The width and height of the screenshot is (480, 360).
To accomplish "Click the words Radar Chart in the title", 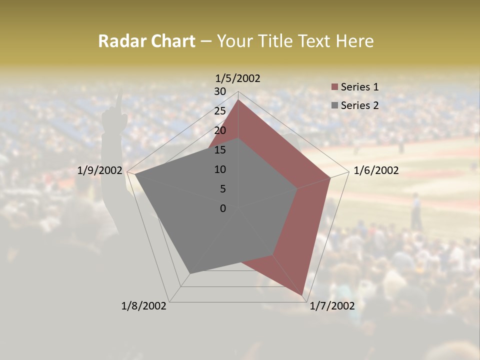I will [x=146, y=41].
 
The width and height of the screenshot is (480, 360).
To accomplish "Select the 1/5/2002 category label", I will [x=237, y=78].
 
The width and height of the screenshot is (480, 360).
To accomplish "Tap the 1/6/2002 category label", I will [x=376, y=170].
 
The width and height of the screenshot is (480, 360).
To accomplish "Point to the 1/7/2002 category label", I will [x=332, y=306].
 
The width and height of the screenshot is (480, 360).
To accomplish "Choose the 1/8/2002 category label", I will [x=144, y=306].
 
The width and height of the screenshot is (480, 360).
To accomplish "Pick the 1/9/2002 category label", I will [x=100, y=170].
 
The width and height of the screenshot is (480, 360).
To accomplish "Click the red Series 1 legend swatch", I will [x=335, y=87].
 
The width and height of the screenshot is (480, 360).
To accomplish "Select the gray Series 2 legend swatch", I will [x=335, y=105].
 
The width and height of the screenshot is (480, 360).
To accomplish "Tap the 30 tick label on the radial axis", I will [x=220, y=91].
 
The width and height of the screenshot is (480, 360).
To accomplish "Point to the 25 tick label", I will [x=220, y=111].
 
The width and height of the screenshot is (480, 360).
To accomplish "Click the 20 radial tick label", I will [x=220, y=130].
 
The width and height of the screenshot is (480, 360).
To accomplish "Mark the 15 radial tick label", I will [x=220, y=150].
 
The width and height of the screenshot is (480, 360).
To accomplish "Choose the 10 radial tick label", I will [x=220, y=169].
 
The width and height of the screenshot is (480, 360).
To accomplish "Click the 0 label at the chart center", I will [x=223, y=208].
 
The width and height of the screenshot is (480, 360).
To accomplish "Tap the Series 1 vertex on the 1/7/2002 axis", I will [x=302, y=295].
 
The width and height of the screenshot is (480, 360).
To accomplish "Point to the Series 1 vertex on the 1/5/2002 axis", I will [x=238, y=99].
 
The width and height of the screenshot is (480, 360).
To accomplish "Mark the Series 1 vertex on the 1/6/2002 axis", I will [x=330, y=177].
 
